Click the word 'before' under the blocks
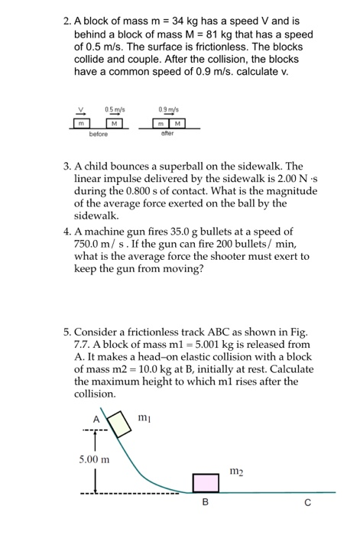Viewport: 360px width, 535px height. click(98, 133)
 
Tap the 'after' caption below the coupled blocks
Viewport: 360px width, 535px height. click(169, 133)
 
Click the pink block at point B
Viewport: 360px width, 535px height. click(205, 483)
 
